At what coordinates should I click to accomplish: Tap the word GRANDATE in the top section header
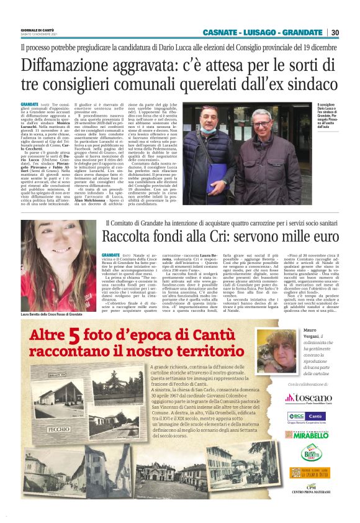(304, 32)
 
